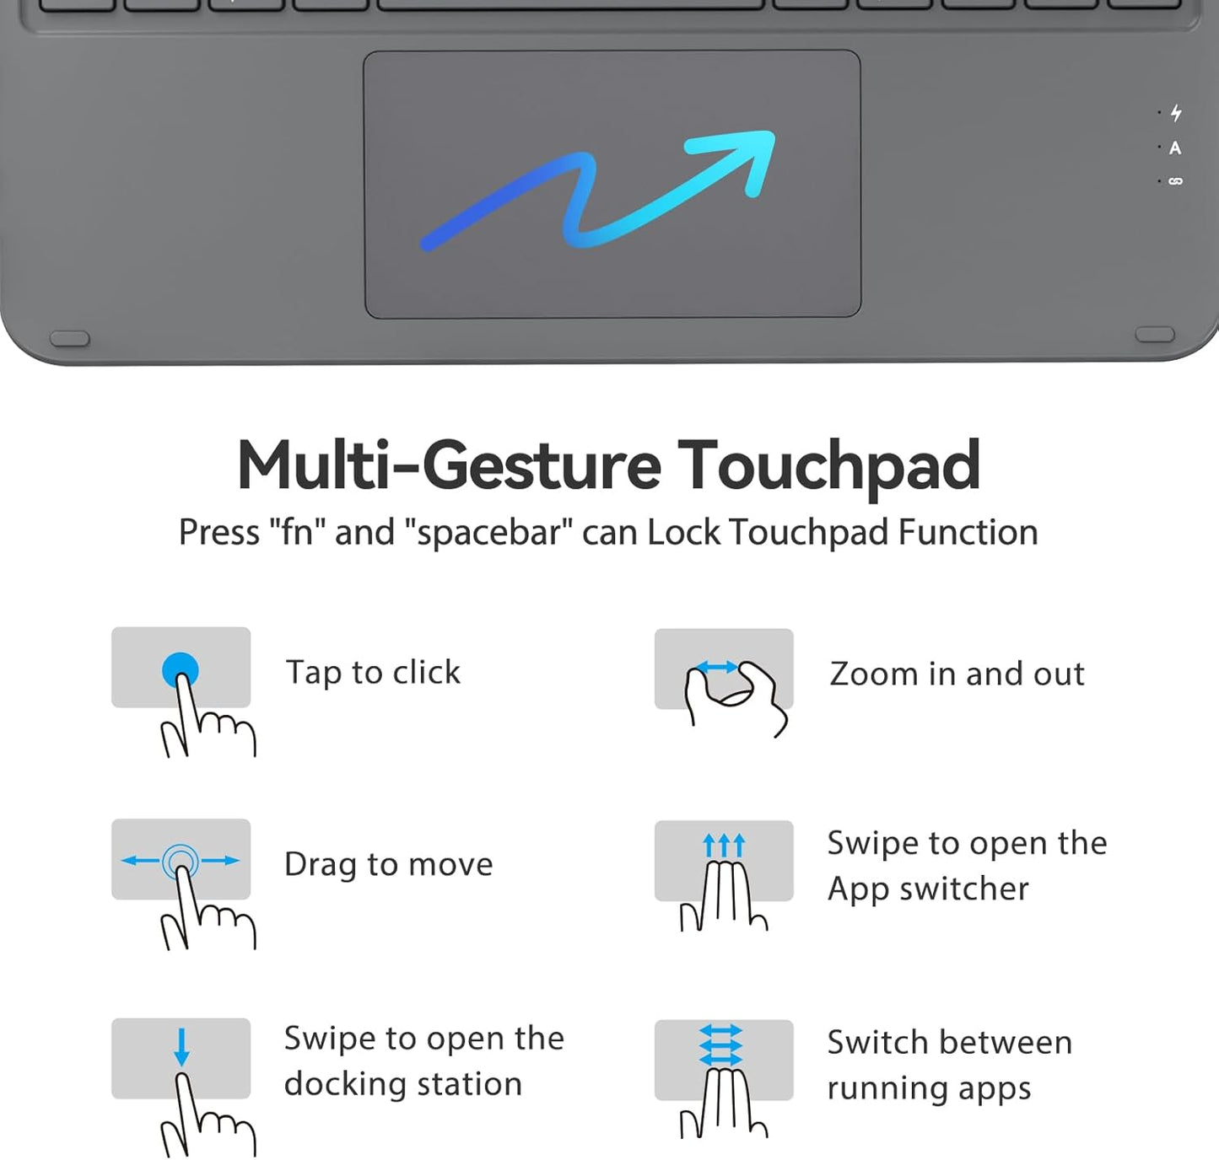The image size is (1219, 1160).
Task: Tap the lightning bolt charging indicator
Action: pos(1176,113)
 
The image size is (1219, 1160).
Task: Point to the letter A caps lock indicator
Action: pos(1175,148)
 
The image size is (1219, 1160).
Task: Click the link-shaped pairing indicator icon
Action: pos(1175,181)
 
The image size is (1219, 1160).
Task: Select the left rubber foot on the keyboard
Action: pos(70,338)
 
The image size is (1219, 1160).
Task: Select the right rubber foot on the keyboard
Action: pos(1155,335)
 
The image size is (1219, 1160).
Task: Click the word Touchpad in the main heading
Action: pos(828,465)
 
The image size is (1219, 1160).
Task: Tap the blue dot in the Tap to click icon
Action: pos(181,671)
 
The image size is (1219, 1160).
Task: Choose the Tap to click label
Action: pos(373,673)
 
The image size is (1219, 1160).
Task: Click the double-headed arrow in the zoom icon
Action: pos(718,668)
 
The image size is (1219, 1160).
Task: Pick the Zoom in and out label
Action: pos(957,674)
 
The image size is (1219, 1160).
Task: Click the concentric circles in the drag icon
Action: pos(181,861)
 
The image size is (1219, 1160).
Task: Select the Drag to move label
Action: pos(388,865)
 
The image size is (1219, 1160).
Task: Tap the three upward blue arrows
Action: pos(724,845)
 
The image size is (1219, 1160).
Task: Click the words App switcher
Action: pos(928,889)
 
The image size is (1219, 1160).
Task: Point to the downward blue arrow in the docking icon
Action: pos(181,1047)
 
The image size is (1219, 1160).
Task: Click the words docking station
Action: pos(402,1084)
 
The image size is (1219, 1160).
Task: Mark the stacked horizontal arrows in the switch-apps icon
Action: pos(721,1045)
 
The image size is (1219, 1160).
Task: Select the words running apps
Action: pos(929,1089)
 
